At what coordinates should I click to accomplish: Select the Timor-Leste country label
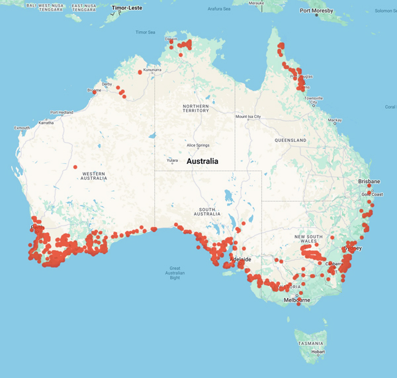click(128, 7)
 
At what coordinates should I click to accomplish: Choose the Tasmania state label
click(310, 344)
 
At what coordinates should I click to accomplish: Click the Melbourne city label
click(297, 300)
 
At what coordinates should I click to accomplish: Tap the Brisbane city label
click(369, 181)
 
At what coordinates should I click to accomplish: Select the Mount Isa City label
click(248, 117)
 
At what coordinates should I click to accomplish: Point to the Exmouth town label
click(22, 127)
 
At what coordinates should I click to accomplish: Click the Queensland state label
click(290, 141)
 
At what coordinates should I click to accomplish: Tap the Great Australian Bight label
click(175, 273)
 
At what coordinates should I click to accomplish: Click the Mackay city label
click(335, 120)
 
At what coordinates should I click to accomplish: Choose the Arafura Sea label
click(219, 9)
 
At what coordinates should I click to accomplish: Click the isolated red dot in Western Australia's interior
click(75, 167)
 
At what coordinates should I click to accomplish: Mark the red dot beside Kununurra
click(140, 72)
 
